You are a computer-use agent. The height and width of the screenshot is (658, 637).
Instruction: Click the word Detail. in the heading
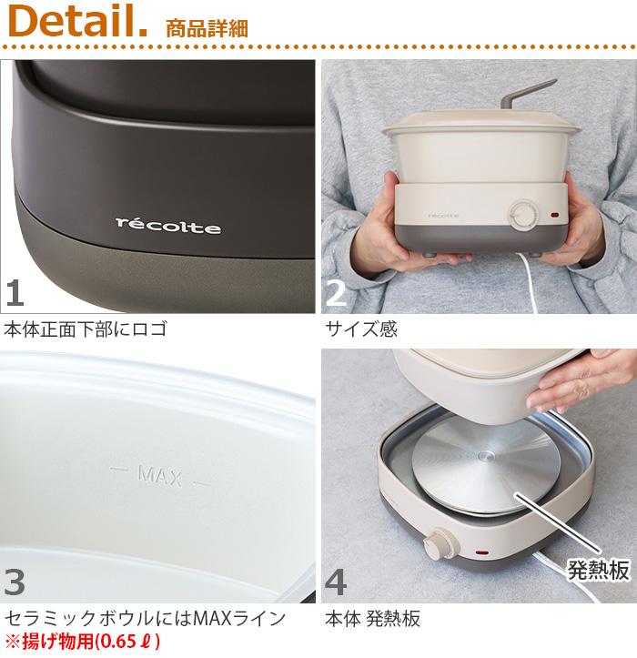pos(78,22)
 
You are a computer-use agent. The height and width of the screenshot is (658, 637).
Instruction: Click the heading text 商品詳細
pos(207,28)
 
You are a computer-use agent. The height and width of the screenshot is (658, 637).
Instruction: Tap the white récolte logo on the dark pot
pos(168,226)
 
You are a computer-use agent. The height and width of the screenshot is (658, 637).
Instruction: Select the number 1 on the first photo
pos(15,292)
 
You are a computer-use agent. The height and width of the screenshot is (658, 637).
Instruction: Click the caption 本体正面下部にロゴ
pos(86,329)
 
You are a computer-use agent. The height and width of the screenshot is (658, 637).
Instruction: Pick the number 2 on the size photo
pos(336,292)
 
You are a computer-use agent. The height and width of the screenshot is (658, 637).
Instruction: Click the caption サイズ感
pos(361,329)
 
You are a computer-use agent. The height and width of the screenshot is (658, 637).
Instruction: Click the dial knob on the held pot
pos(523,216)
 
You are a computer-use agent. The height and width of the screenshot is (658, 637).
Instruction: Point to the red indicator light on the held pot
pos(555,216)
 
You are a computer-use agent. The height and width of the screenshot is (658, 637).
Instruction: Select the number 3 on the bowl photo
pos(15,582)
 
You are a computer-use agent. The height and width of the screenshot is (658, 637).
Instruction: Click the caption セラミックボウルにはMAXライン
pos(146,618)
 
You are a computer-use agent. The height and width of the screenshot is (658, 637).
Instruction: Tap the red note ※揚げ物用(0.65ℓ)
pos(83,641)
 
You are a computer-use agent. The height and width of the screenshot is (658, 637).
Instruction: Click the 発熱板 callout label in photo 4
pos(599,570)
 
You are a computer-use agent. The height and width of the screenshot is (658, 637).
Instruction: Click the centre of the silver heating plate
pos(486,456)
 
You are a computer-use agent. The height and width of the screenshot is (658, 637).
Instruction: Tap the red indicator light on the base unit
pos(480,553)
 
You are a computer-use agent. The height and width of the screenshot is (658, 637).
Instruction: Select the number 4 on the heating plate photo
pos(336,582)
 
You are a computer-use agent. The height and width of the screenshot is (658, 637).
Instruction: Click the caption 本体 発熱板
pos(372,618)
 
